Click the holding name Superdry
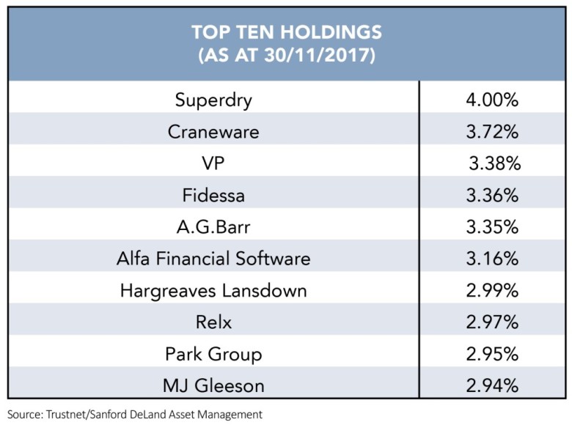(213, 100)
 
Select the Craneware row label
(213, 132)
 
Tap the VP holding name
(213, 163)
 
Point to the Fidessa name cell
(213, 195)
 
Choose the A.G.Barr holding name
(213, 226)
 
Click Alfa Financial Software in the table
(213, 258)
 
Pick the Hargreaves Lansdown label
(213, 290)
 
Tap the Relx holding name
(213, 322)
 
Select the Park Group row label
(213, 353)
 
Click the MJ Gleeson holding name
(213, 385)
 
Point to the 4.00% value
(493, 100)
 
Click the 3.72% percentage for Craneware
(493, 132)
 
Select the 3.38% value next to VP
(494, 163)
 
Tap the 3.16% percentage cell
(493, 258)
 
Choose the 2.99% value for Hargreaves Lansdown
(493, 290)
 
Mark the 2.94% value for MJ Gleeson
(493, 385)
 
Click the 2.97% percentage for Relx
(493, 322)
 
